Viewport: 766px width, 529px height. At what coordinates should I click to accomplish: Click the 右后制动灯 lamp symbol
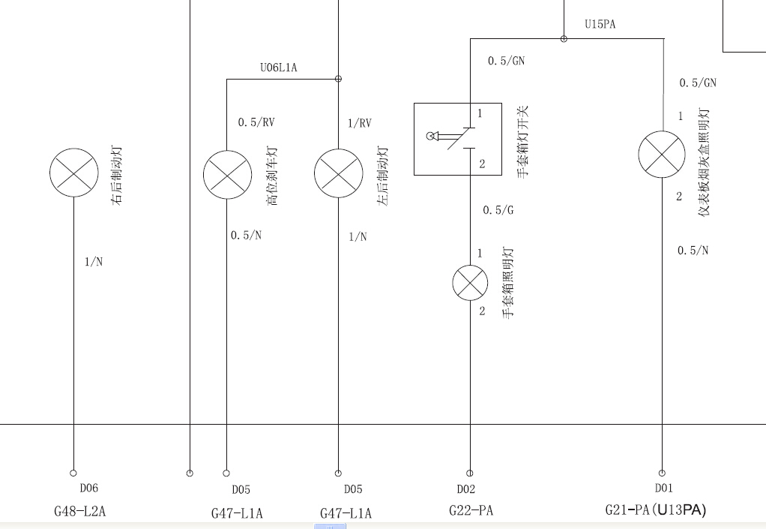(73, 173)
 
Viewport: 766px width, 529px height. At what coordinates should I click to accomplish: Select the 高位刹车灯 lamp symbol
(227, 175)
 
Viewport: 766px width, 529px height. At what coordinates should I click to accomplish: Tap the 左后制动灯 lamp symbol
(339, 173)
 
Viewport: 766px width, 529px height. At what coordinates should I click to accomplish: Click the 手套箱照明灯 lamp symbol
(470, 283)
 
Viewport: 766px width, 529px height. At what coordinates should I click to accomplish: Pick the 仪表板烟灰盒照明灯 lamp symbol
(662, 155)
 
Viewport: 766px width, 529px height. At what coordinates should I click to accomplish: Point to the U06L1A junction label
(279, 68)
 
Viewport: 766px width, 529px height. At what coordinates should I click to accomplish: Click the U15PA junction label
(600, 24)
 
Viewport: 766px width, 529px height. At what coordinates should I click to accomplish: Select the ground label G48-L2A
(79, 512)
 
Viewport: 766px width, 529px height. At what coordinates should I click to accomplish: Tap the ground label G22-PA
(471, 511)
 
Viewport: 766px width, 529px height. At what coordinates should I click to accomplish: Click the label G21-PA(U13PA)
(656, 510)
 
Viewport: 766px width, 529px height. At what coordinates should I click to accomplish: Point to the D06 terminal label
(89, 488)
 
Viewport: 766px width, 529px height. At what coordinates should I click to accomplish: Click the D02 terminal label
(466, 489)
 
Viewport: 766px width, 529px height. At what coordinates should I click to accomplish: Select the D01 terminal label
(664, 488)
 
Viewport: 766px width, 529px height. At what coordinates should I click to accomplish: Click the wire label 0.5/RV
(256, 122)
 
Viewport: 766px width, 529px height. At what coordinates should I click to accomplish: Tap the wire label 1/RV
(360, 123)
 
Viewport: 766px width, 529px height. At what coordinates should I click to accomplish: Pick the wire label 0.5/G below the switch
(498, 210)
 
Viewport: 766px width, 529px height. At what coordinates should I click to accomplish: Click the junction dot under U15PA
(564, 38)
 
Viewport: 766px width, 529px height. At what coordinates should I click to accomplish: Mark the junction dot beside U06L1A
(338, 79)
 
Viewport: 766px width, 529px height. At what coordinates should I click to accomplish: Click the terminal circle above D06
(73, 473)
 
